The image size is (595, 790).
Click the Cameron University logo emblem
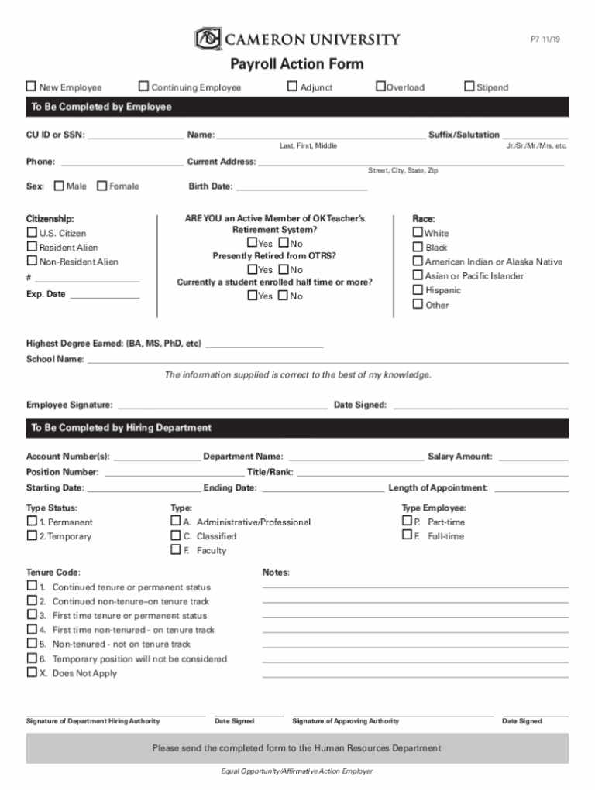click(x=208, y=38)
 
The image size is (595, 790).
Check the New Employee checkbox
click(x=32, y=87)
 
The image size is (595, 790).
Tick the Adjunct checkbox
click(x=292, y=87)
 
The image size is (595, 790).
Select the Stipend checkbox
click(x=469, y=87)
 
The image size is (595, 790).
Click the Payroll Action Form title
click(x=297, y=64)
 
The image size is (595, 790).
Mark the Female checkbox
click(x=102, y=186)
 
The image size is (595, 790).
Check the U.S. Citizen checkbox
click(x=32, y=233)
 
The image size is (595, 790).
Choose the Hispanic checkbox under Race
click(x=418, y=290)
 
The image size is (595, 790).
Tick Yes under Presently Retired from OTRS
click(x=252, y=269)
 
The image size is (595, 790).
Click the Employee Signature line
click(x=222, y=404)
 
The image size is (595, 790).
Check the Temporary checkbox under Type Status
click(x=32, y=536)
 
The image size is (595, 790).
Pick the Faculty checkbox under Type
click(x=175, y=550)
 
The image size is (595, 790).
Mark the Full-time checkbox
click(x=407, y=535)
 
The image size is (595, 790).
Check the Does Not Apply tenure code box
click(x=32, y=673)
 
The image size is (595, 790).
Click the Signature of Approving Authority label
click(x=346, y=721)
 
